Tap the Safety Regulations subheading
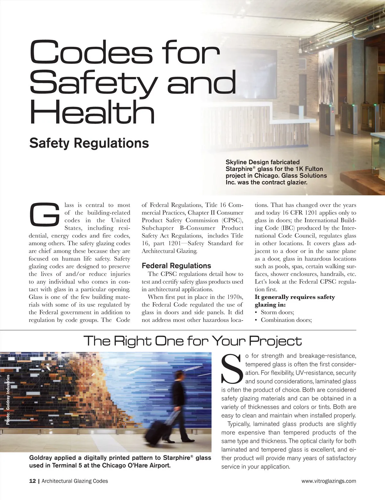click(x=89, y=143)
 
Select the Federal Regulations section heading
click(x=176, y=266)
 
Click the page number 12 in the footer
click(x=32, y=481)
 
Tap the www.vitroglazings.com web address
click(x=329, y=481)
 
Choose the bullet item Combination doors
click(x=286, y=320)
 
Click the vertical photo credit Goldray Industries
click(x=8, y=400)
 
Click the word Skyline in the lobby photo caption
click(x=236, y=162)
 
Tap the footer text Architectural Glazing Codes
click(x=75, y=481)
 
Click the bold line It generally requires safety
click(x=295, y=297)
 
